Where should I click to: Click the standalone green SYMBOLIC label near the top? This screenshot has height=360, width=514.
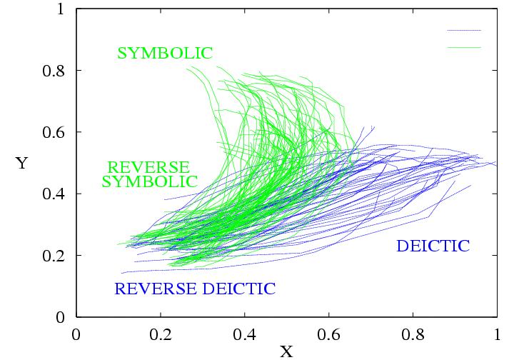pyautogui.click(x=165, y=53)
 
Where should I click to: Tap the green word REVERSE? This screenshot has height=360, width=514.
pyautogui.click(x=148, y=166)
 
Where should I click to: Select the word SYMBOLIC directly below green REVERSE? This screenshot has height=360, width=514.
pyautogui.click(x=149, y=181)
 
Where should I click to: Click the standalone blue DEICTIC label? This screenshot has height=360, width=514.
pyautogui.click(x=433, y=246)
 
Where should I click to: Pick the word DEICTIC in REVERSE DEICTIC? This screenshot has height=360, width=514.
pyautogui.click(x=238, y=289)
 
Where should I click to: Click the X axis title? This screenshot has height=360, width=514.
pyautogui.click(x=286, y=351)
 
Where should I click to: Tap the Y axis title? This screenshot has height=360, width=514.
pyautogui.click(x=21, y=164)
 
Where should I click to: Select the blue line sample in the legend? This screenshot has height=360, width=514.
pyautogui.click(x=464, y=31)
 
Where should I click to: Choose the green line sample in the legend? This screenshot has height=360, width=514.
pyautogui.click(x=464, y=47)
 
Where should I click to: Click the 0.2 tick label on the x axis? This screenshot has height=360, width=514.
pyautogui.click(x=160, y=334)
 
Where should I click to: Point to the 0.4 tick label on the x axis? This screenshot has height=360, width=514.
pyautogui.click(x=244, y=334)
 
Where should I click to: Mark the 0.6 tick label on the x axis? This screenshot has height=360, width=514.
pyautogui.click(x=328, y=334)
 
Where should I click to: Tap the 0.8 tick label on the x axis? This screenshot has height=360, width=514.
pyautogui.click(x=413, y=334)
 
